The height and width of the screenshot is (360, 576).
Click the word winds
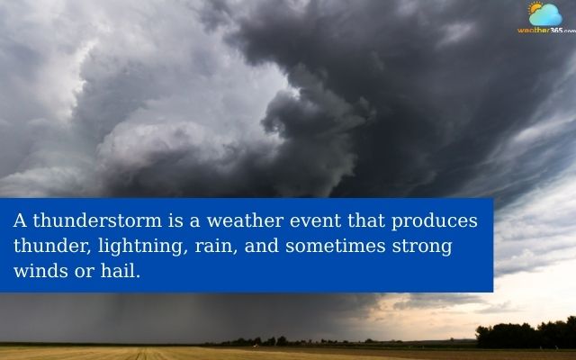37,270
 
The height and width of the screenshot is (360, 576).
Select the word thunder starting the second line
46,246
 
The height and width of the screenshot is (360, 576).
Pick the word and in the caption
261,246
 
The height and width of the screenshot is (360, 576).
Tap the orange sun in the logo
536,9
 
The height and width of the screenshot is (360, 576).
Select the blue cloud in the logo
547,16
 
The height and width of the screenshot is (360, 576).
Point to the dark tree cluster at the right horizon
526,334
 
